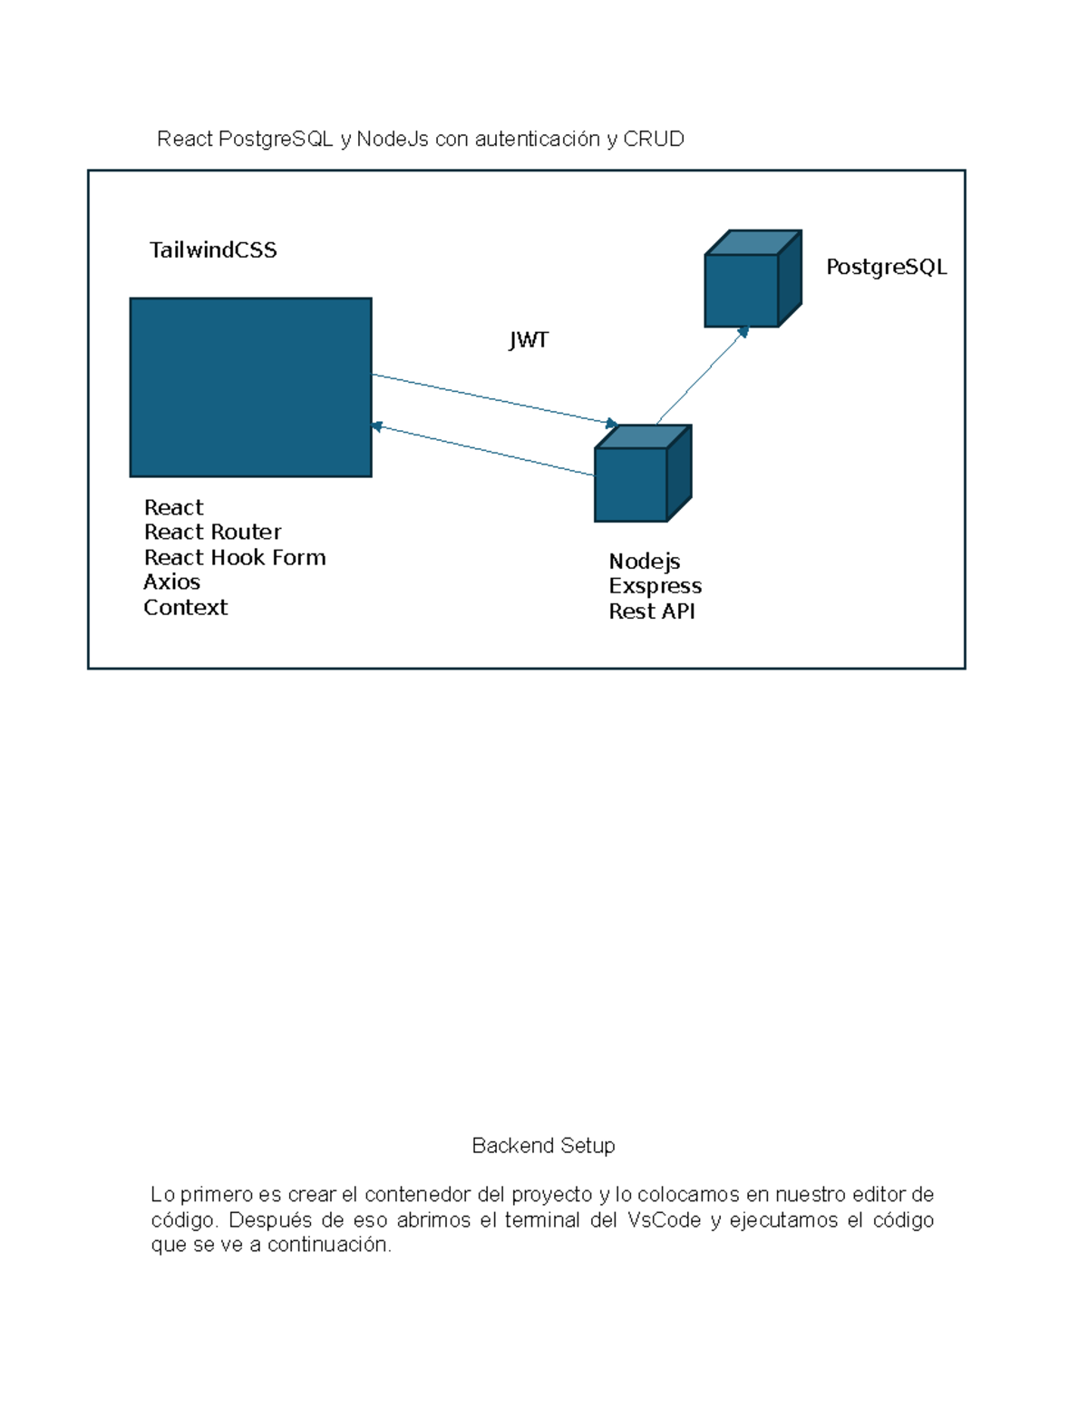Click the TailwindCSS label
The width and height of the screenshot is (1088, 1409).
[213, 250]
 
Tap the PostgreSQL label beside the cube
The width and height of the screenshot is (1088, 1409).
[886, 267]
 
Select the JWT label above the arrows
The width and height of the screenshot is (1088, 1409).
[529, 340]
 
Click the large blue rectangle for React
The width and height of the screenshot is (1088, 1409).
[250, 387]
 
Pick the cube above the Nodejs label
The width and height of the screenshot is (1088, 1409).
[642, 475]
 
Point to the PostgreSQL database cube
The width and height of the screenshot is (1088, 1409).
[752, 279]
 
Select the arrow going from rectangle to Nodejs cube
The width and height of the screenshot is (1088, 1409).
[494, 399]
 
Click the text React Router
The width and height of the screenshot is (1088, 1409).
[212, 532]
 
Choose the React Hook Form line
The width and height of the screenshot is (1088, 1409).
[235, 557]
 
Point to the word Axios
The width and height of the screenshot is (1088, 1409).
[171, 582]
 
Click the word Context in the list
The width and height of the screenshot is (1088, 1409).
[186, 607]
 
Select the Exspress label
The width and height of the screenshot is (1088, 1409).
[655, 586]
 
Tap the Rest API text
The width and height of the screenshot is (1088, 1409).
[651, 612]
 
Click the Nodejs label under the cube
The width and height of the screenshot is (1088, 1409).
[644, 561]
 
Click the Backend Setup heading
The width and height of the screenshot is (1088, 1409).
[543, 1146]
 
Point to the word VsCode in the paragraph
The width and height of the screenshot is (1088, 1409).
[664, 1220]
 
